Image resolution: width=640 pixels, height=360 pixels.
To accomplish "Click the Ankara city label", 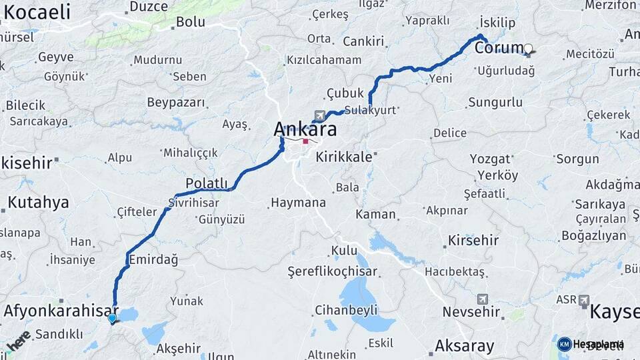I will click(x=305, y=129).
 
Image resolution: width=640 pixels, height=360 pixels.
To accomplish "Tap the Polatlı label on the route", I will click(x=207, y=183).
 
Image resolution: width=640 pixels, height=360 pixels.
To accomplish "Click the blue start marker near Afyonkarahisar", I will click(x=112, y=319).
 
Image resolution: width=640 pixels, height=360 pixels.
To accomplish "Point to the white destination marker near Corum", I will click(x=529, y=49).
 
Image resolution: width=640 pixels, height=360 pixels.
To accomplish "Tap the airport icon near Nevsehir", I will click(x=483, y=299).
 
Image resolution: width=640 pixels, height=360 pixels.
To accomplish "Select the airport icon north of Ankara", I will click(x=319, y=116).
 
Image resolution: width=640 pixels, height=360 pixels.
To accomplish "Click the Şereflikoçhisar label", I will click(x=333, y=271).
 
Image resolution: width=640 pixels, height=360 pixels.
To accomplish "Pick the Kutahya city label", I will click(x=38, y=202).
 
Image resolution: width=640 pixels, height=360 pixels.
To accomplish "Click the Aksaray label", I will click(x=464, y=346).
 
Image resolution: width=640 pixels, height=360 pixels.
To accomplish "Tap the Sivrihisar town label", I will click(x=194, y=202).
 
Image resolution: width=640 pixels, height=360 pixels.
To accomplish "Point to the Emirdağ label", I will click(x=155, y=260).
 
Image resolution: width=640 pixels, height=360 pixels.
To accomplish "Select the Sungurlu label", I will click(x=495, y=103).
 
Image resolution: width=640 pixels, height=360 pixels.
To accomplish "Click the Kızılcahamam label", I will click(x=324, y=60).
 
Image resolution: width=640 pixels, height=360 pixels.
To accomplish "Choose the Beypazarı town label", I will click(x=176, y=103).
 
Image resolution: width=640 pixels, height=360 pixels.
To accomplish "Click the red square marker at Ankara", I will click(x=305, y=141).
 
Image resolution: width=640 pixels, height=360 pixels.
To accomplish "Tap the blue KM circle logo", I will click(x=565, y=344).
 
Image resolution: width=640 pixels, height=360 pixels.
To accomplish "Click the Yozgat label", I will click(x=490, y=159).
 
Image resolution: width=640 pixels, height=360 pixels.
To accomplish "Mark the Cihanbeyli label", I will click(x=347, y=310).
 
